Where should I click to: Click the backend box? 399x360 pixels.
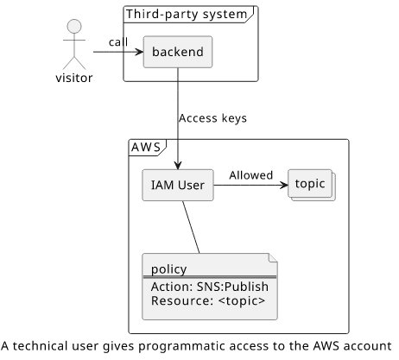tap(178, 52)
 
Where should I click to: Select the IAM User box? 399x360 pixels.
tap(178, 185)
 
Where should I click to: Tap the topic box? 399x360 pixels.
tap(312, 185)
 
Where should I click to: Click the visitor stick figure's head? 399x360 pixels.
tap(74, 27)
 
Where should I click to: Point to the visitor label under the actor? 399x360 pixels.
tap(74, 78)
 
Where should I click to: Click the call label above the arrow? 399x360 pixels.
tap(118, 42)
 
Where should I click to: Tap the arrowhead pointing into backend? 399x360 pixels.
tap(139, 52)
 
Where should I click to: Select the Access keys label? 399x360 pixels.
tap(212, 118)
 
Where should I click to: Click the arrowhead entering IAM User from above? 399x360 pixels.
tap(178, 165)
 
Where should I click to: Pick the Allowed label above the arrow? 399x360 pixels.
tap(251, 175)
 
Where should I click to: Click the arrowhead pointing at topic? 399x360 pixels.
tap(284, 185)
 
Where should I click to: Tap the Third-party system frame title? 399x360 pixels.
tap(187, 14)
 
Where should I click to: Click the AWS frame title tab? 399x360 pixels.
tap(146, 148)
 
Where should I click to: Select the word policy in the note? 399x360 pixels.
tap(169, 269)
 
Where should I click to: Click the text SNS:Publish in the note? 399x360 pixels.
tap(232, 287)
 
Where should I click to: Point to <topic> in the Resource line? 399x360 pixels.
tap(242, 300)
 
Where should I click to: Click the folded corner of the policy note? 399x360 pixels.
tap(273, 258)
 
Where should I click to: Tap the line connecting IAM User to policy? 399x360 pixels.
tap(191, 227)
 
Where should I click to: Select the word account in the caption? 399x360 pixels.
tap(370, 346)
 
